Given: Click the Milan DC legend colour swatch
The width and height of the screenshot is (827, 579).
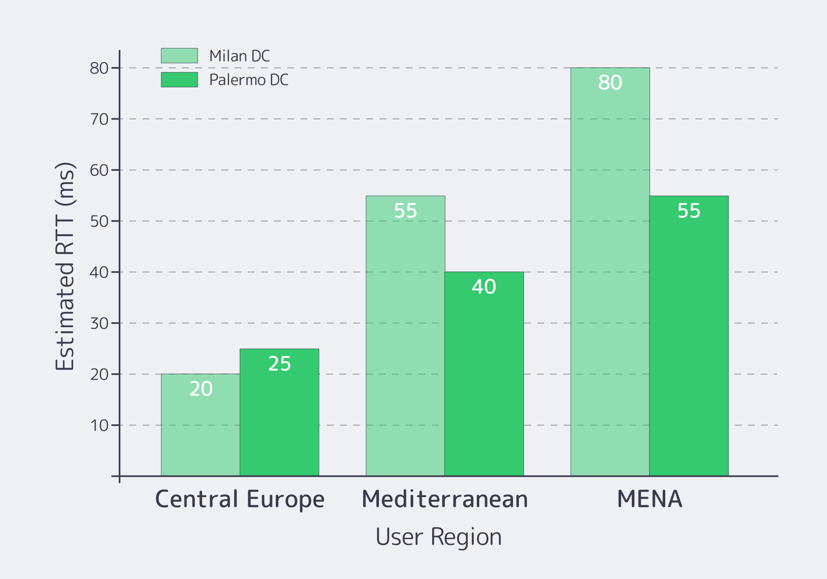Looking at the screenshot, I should (179, 55).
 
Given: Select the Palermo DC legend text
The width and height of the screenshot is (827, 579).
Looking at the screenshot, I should (249, 80).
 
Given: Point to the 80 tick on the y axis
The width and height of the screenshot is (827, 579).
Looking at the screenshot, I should (99, 68).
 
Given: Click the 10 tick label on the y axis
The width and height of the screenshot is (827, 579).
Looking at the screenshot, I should (99, 425).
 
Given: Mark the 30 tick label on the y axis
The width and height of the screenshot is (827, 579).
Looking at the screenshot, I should (99, 323).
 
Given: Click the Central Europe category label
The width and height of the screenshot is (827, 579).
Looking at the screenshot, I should (240, 499).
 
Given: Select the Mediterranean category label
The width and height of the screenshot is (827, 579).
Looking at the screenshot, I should (445, 499).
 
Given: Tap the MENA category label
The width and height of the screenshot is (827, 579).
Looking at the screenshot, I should (650, 499).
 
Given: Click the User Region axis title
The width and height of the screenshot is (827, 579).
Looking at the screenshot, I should (438, 537).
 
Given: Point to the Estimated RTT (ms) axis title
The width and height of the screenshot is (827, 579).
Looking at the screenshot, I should (65, 266).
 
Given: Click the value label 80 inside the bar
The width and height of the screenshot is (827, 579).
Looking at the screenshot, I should (610, 83).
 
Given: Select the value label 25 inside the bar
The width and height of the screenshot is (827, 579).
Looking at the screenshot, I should (280, 364).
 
